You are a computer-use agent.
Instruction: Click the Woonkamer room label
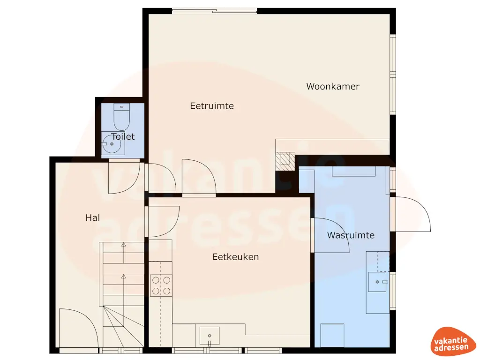pyautogui.click(x=333, y=86)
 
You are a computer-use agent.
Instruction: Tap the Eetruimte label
pyautogui.click(x=212, y=106)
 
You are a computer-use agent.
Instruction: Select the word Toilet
pyautogui.click(x=123, y=136)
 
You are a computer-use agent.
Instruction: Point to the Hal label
pyautogui.click(x=93, y=217)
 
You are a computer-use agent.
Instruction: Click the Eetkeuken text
pyautogui.click(x=235, y=257)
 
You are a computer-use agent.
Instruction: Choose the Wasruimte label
pyautogui.click(x=351, y=235)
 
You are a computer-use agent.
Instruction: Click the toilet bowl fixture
pyautogui.click(x=122, y=118)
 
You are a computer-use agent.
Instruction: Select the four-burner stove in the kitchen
pyautogui.click(x=161, y=285)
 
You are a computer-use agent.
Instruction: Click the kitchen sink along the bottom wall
pyautogui.click(x=210, y=336)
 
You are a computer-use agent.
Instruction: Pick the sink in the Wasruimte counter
pyautogui.click(x=377, y=282)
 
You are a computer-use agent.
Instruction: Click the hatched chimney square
pyautogui.click(x=285, y=161)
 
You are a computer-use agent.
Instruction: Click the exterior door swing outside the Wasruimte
pyautogui.click(x=412, y=215)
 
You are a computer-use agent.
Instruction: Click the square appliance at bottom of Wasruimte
pyautogui.click(x=332, y=335)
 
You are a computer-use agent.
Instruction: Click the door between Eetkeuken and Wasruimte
pyautogui.click(x=330, y=234)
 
